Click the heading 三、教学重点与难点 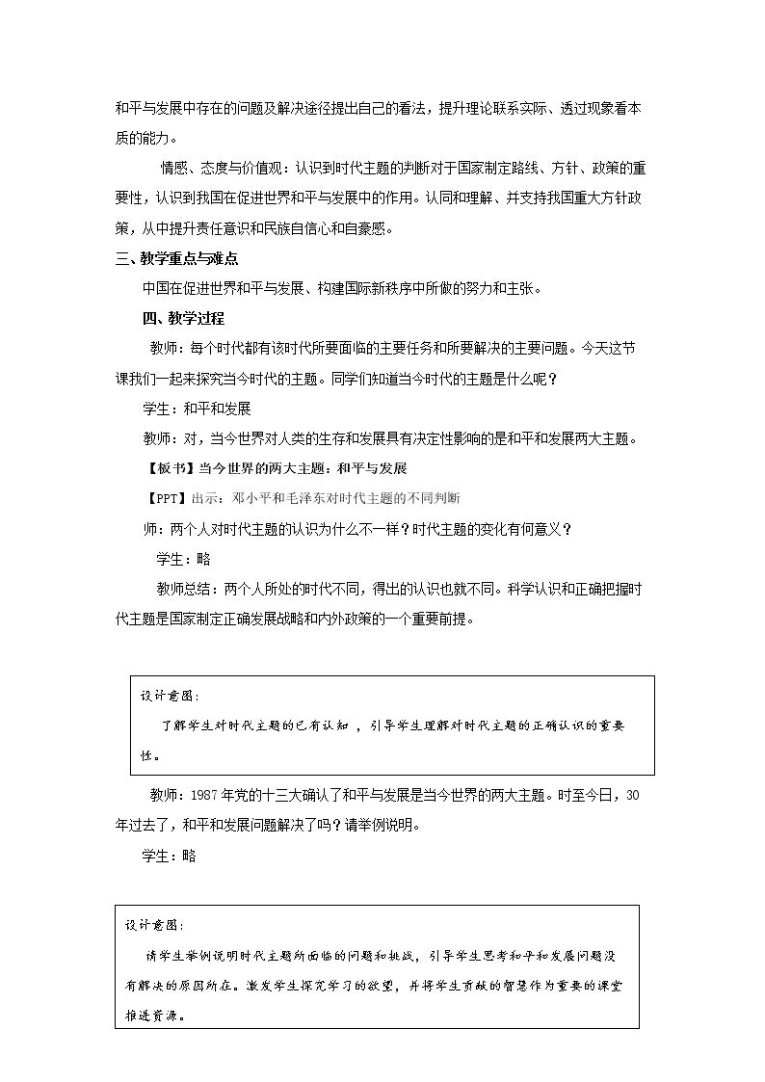176,258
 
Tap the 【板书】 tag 169,468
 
